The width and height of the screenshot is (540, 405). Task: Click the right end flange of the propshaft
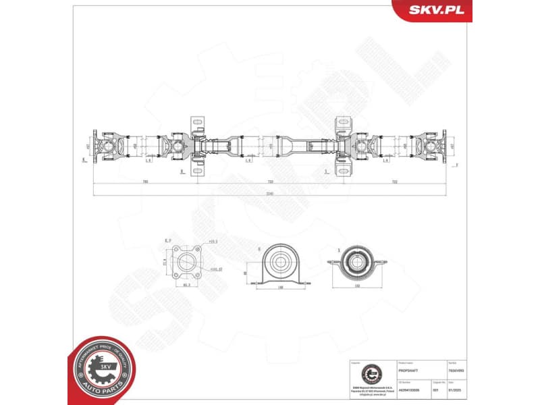(441, 145)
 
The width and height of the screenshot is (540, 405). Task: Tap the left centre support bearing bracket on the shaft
(197, 145)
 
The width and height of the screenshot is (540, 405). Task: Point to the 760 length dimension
(145, 182)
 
